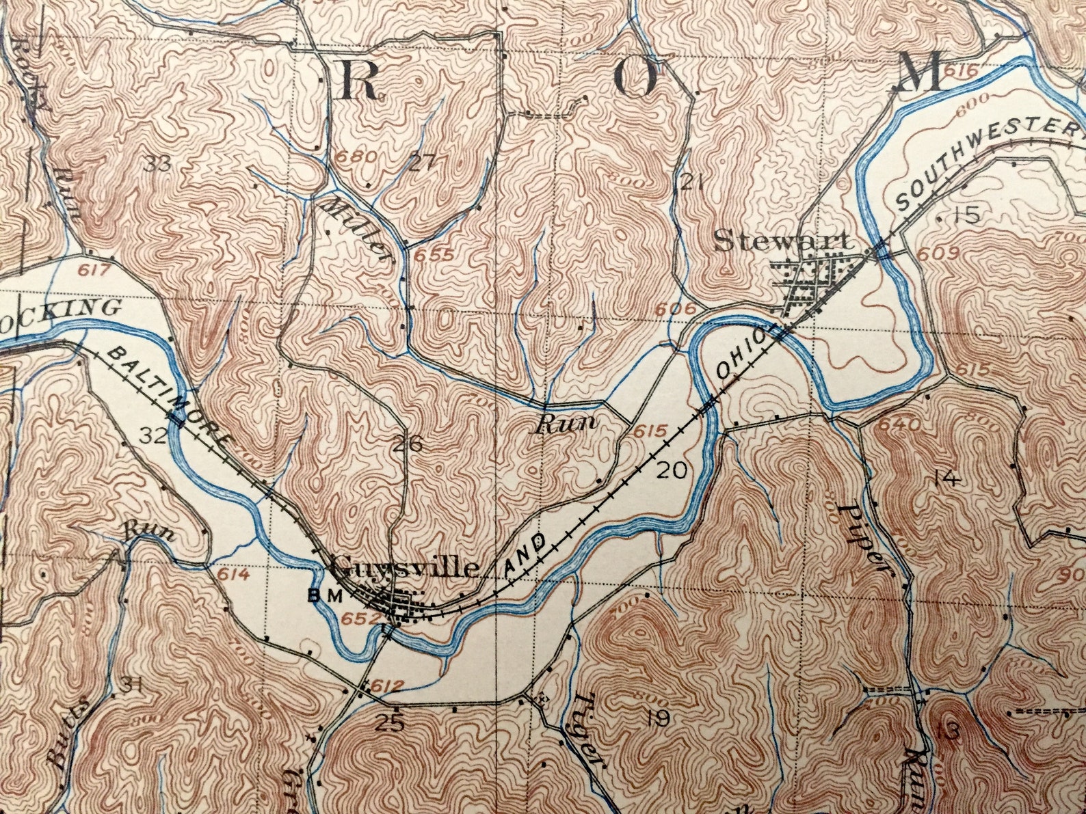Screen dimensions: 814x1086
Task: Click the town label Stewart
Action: [x=784, y=241]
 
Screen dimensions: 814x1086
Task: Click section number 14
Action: [x=946, y=478]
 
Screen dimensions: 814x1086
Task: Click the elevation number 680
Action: [x=356, y=156]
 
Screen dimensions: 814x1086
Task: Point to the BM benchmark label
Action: [x=324, y=596]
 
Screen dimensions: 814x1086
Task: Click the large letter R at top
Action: [x=359, y=80]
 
